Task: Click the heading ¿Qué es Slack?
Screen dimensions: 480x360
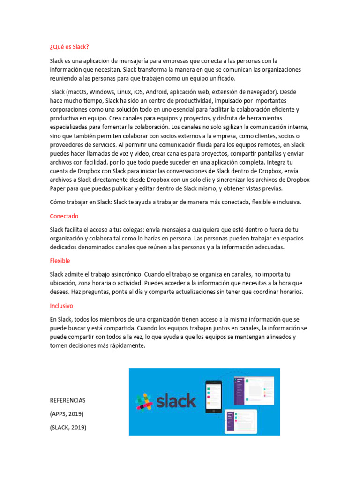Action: [69, 47]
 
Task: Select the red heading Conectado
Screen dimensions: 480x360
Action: [64, 216]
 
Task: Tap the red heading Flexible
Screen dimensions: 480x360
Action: [60, 260]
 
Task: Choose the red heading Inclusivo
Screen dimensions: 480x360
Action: [62, 305]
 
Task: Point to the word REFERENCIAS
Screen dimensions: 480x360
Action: [67, 401]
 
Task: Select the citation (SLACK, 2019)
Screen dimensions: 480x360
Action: [68, 427]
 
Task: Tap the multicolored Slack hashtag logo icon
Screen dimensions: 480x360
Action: [144, 402]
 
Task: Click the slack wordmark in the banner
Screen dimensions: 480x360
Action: [175, 401]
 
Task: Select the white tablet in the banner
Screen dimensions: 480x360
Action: [241, 420]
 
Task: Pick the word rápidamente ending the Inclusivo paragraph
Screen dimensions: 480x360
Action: [128, 346]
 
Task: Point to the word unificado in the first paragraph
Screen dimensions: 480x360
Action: [220, 78]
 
